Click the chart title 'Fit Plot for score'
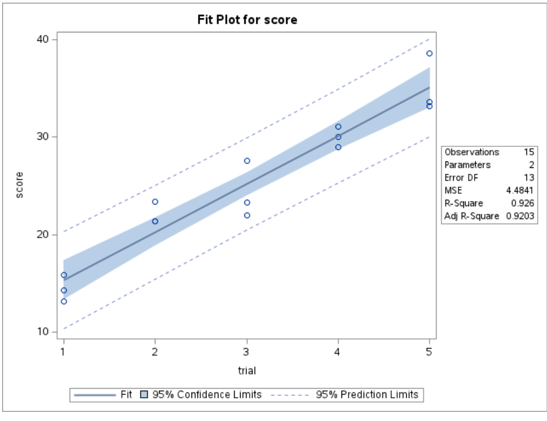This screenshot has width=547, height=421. [248, 20]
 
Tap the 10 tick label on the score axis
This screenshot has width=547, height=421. [43, 331]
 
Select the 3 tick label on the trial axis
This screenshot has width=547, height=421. [247, 351]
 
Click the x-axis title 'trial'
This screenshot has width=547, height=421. [247, 371]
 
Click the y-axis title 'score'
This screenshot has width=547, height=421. [20, 185]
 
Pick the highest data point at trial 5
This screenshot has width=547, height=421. [429, 53]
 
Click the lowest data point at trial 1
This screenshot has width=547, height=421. [64, 301]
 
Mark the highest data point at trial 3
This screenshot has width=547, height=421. [247, 161]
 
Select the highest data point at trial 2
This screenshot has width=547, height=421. [155, 202]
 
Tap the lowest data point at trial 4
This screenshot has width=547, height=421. [338, 147]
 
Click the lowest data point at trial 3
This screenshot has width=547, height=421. [247, 215]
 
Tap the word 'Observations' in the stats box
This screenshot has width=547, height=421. [471, 152]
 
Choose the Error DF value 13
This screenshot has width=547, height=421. [529, 178]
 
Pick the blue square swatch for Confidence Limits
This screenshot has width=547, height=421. [144, 395]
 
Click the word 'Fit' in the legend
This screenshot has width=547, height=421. [126, 395]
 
